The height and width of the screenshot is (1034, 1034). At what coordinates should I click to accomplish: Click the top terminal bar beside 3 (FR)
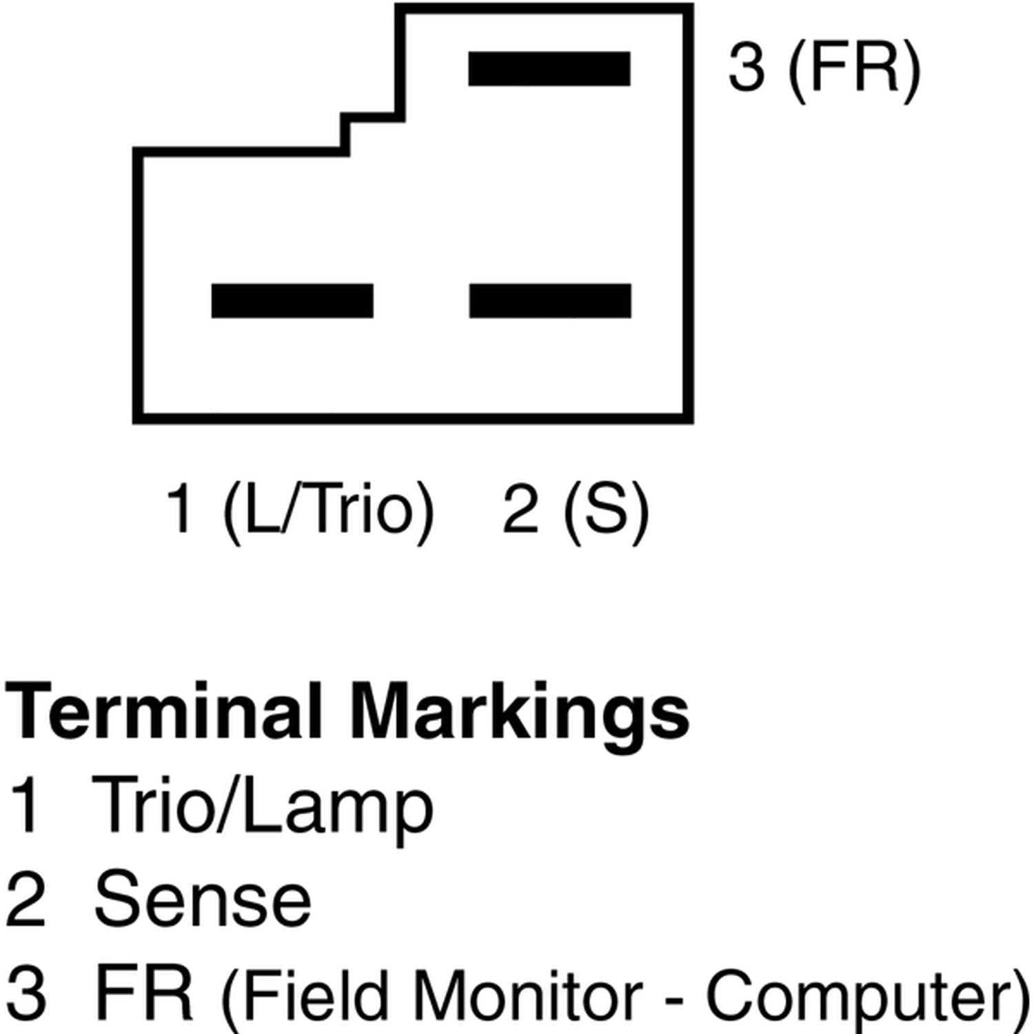tap(549, 69)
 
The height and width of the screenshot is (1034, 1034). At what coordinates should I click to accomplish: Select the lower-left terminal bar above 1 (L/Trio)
tap(292, 301)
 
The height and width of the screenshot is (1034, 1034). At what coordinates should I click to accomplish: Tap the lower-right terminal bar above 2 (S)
tap(550, 301)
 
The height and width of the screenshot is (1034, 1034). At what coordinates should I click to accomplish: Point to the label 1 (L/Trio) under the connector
tap(301, 510)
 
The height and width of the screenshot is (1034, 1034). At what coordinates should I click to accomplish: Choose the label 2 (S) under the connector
tap(576, 510)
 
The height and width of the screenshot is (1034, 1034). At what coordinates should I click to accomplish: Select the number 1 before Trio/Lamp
tap(26, 804)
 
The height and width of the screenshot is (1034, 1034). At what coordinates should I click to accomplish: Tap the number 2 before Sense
tap(26, 899)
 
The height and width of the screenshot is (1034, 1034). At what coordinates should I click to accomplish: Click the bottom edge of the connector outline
tap(413, 418)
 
